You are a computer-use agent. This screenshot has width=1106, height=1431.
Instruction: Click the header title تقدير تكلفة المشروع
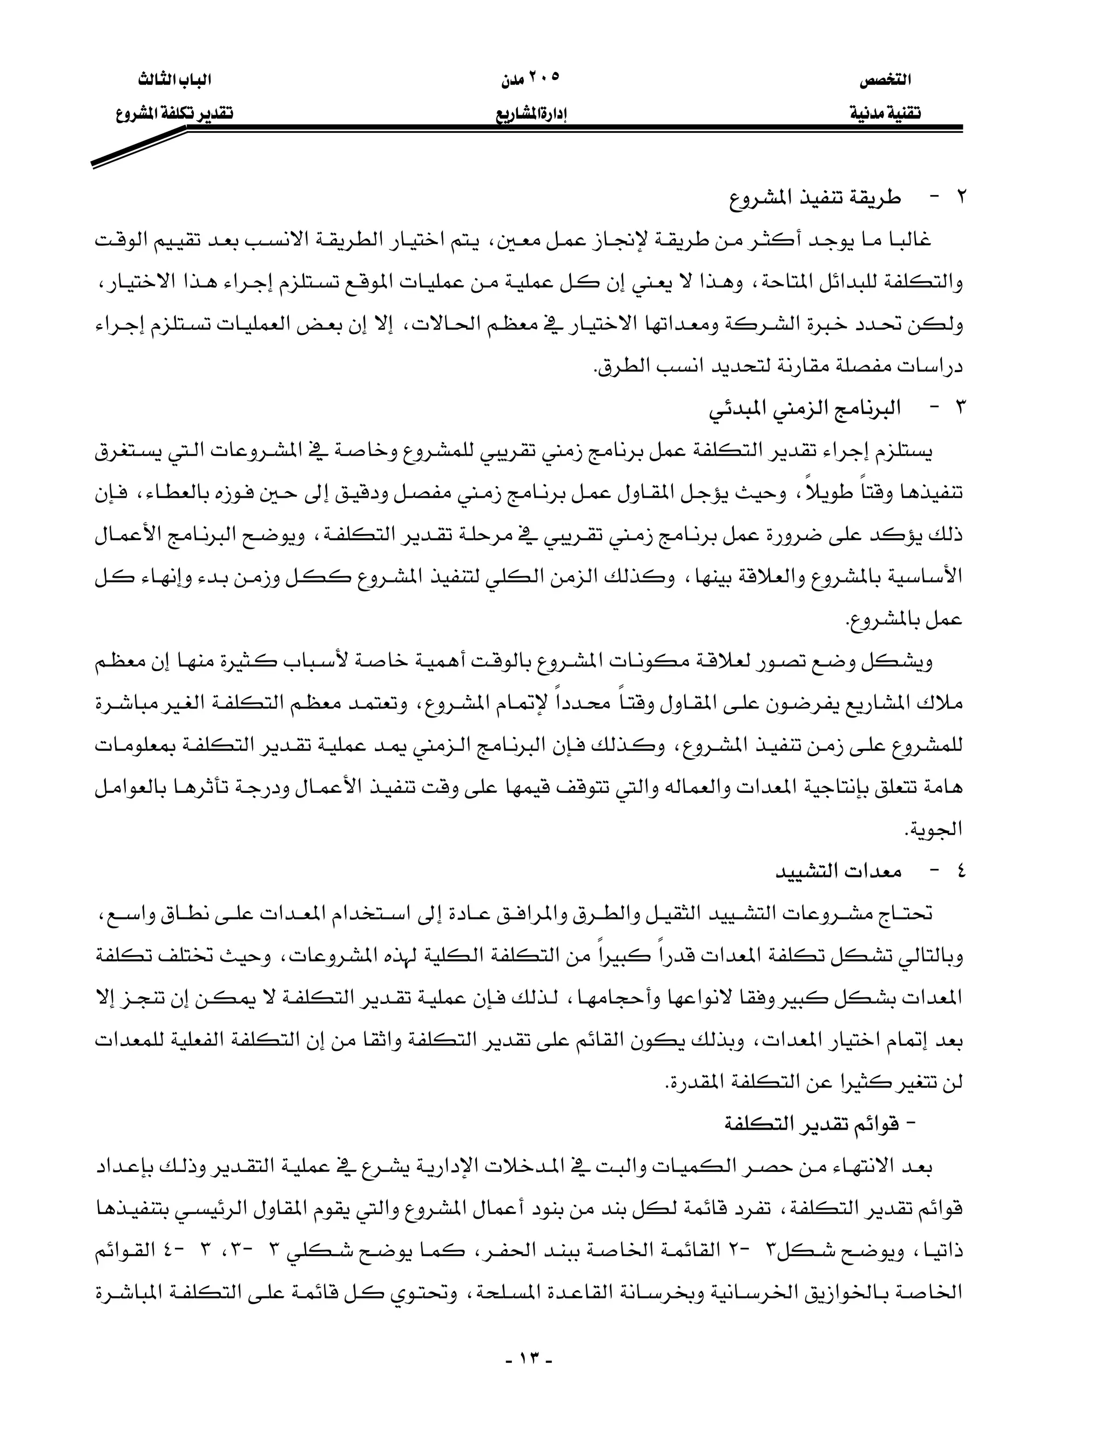click(x=174, y=113)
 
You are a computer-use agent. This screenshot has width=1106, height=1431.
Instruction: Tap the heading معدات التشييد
click(x=838, y=872)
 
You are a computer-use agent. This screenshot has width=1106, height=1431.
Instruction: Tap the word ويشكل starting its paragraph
click(x=907, y=662)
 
